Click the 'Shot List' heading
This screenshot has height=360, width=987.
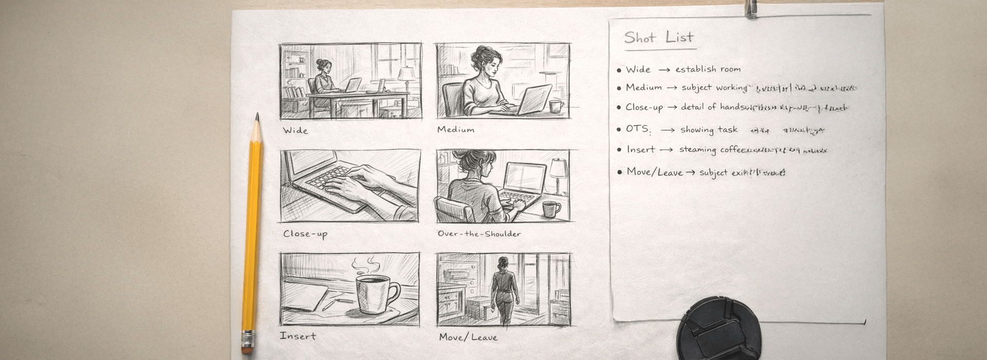(x=659, y=38)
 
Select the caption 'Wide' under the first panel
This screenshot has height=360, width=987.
(x=296, y=131)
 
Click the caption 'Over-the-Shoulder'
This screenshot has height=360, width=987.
(x=479, y=234)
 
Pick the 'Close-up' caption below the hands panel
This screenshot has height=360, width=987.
(x=305, y=234)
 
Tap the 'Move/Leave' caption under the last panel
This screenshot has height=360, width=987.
(x=468, y=337)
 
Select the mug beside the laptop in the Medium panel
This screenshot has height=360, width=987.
(x=556, y=107)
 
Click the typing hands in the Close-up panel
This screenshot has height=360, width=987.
(x=355, y=183)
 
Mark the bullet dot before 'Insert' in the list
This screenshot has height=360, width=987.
(x=619, y=150)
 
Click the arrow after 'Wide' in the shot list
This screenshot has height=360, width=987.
(x=664, y=69)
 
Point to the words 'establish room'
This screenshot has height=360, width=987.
(x=708, y=69)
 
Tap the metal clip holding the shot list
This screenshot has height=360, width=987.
(x=752, y=9)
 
